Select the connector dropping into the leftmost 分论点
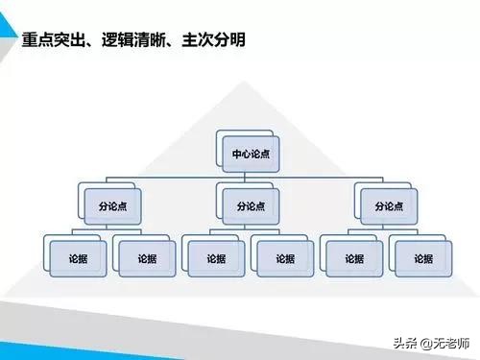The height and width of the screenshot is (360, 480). point(107,183)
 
